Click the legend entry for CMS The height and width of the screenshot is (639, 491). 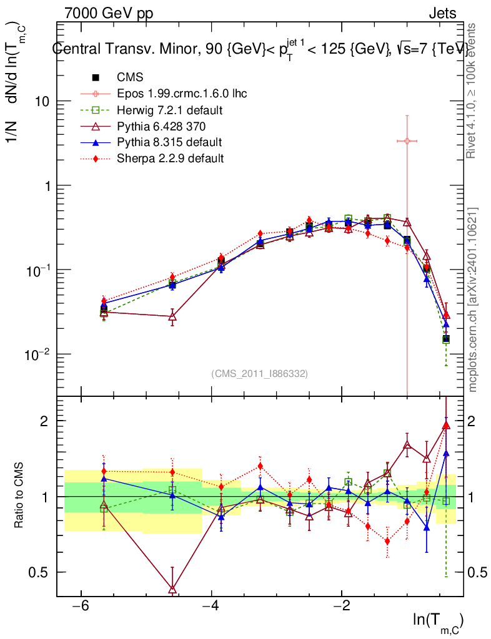tap(129, 77)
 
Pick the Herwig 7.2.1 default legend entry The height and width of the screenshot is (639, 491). tap(171, 110)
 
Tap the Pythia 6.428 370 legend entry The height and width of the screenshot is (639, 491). tap(161, 126)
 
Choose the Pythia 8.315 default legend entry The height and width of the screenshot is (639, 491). tap(169, 142)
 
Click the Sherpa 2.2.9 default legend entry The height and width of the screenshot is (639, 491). tap(170, 159)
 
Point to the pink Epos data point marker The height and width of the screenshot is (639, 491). tap(407, 141)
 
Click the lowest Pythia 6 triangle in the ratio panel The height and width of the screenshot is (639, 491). tap(172, 589)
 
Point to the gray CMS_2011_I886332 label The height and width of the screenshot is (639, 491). tap(260, 373)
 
